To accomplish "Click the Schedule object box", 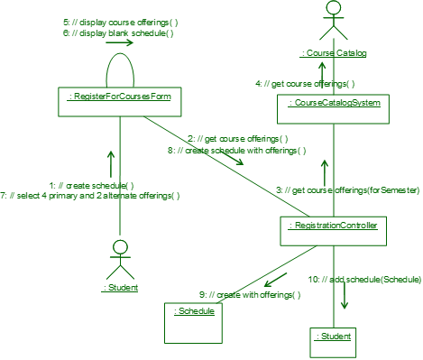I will pyautogui.click(x=194, y=322).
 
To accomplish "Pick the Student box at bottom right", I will pyautogui.click(x=334, y=341).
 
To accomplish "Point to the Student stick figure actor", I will pyautogui.click(x=119, y=258).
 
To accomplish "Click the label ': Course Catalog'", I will pyautogui.click(x=334, y=53).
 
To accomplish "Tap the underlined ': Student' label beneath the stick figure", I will pyautogui.click(x=119, y=289).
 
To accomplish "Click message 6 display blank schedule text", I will pyautogui.click(x=119, y=32).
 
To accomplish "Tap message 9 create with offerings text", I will pyautogui.click(x=249, y=295).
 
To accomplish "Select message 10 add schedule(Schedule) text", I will pyautogui.click(x=364, y=280).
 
